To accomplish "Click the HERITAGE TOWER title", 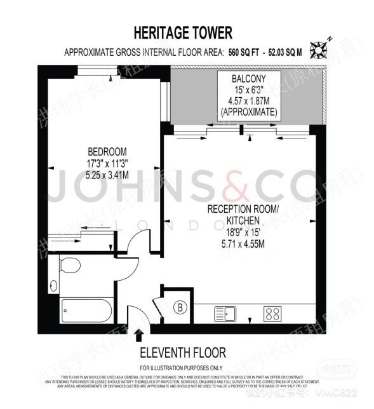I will pyautogui.click(x=183, y=32).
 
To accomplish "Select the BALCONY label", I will pyautogui.click(x=249, y=79).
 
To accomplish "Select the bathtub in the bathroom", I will pyautogui.click(x=86, y=311).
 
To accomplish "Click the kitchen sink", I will pyautogui.click(x=225, y=313).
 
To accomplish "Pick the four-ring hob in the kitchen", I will pyautogui.click(x=273, y=313).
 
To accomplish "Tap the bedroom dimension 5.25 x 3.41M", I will pyautogui.click(x=107, y=174).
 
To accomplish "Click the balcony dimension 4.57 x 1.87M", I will pyautogui.click(x=249, y=100).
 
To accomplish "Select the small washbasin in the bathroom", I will pyautogui.click(x=53, y=285).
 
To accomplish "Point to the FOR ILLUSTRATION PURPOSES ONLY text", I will pyautogui.click(x=182, y=368).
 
